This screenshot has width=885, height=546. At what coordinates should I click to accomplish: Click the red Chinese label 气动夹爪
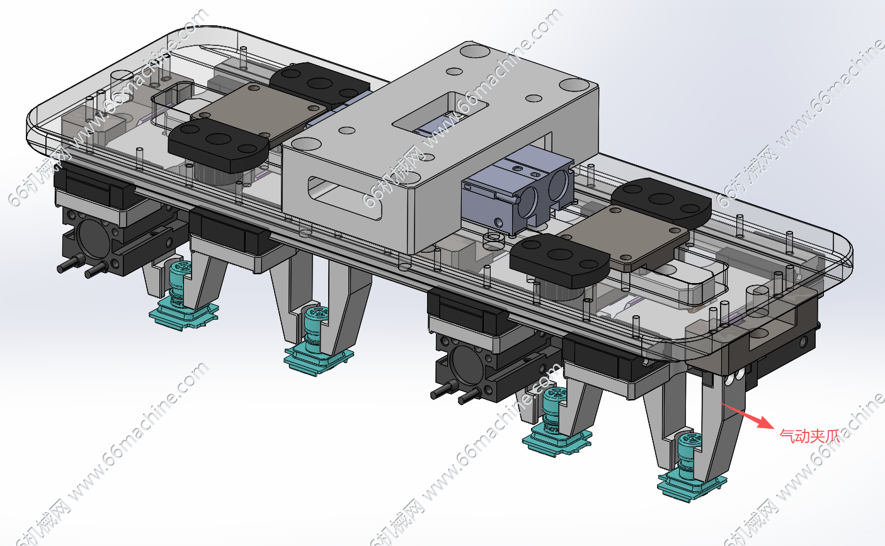coord(809,436)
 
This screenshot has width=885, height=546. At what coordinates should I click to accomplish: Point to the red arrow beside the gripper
coord(748,415)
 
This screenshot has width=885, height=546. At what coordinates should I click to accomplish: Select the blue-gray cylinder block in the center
coord(518,189)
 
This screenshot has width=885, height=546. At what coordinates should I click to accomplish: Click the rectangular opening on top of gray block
coord(440,114)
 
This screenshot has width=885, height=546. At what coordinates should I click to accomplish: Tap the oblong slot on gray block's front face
coord(345,198)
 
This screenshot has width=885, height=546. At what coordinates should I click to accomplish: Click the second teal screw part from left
coord(319,341)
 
